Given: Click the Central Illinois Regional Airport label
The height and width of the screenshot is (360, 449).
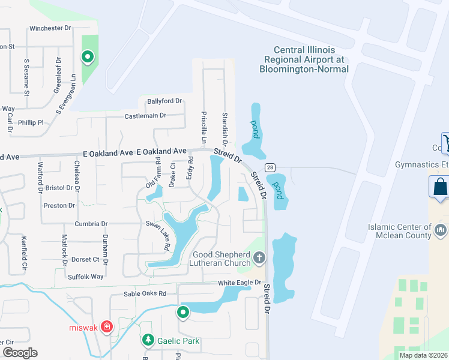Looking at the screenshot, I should coord(304,59).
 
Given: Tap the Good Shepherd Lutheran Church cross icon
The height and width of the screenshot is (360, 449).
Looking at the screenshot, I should coord(259,258).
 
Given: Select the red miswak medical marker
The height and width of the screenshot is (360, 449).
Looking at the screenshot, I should coord(106,326).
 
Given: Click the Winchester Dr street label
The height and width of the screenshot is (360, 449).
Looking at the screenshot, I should coord(50,28).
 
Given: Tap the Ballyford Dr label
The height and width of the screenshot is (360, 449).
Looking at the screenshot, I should coord(162,101).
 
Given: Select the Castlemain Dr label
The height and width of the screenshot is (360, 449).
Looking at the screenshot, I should coord(145,115).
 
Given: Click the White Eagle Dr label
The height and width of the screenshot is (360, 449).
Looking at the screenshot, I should coord(240,283).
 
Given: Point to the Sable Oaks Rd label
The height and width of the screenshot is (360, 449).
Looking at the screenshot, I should coord(145,294).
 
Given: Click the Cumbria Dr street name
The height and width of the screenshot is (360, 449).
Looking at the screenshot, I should coord(91,224).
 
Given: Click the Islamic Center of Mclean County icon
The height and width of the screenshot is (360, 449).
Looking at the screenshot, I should coord(441,230).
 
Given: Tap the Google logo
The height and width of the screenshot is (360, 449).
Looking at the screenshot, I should coord(19,353).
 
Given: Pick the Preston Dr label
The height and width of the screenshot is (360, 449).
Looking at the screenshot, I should coord(59,205).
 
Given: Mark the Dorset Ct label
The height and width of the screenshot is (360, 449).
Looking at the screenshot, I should coord(87,259).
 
